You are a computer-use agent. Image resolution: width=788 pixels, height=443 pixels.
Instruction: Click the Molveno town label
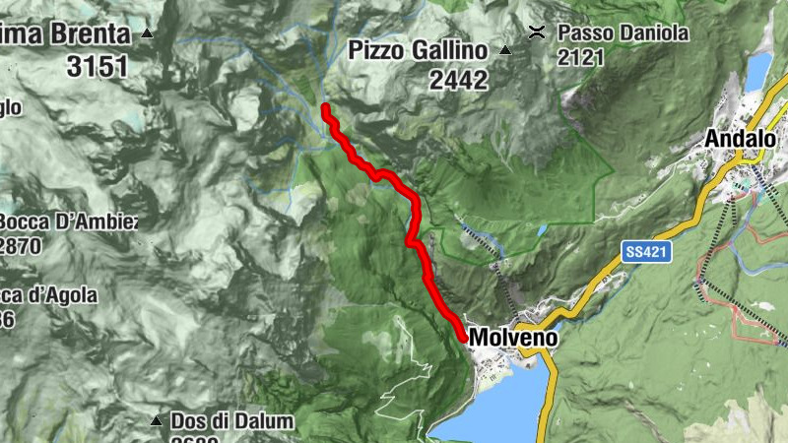513,338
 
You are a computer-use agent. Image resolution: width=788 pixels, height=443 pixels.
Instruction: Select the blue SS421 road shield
646,252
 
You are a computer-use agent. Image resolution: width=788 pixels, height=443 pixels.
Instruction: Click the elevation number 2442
458,80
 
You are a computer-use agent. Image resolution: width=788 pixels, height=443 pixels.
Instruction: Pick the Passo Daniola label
623,32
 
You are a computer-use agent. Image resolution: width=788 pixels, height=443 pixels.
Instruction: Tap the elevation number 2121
581,58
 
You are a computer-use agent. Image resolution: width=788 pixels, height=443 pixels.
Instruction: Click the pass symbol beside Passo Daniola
538,32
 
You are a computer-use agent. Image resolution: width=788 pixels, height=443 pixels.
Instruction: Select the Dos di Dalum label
231,421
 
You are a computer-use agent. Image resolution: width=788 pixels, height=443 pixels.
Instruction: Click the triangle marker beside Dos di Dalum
156,421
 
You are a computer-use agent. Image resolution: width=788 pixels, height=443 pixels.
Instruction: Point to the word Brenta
85,34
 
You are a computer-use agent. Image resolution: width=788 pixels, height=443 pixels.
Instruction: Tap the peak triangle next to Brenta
148,34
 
